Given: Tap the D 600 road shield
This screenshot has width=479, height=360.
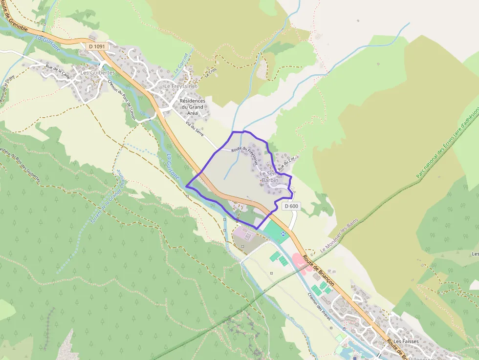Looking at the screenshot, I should click(291, 206).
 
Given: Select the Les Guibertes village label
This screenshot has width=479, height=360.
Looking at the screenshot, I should click(98, 72).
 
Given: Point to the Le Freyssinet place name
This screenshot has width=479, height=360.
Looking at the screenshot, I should click(180, 86).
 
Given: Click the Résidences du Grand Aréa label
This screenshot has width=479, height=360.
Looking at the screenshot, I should click(192, 107).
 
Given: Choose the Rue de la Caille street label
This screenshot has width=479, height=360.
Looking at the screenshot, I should click(58, 72).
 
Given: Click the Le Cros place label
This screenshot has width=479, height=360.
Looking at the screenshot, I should click(211, 72).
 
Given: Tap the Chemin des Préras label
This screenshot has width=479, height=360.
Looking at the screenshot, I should click(319, 307).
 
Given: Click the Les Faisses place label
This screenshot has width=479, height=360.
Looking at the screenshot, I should click(405, 341).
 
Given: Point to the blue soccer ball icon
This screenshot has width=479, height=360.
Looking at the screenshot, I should click(283, 233).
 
